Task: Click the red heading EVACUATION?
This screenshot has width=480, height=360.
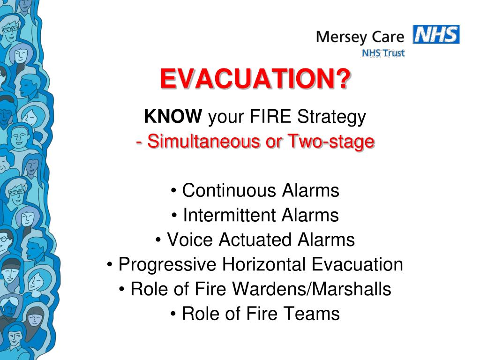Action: click(255, 79)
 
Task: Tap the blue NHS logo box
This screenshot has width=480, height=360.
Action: click(436, 34)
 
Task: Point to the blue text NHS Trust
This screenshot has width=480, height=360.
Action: click(383, 53)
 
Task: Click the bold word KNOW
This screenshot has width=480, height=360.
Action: click(173, 116)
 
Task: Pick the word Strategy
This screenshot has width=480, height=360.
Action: click(331, 117)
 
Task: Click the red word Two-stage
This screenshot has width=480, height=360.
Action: click(331, 142)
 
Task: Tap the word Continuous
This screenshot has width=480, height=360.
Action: click(229, 190)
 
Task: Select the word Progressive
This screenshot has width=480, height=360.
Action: click(167, 264)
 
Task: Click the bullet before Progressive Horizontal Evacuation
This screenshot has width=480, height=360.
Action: click(110, 264)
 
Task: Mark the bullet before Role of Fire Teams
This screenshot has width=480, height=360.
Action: click(173, 314)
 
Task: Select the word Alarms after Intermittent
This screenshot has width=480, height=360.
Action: click(310, 215)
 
